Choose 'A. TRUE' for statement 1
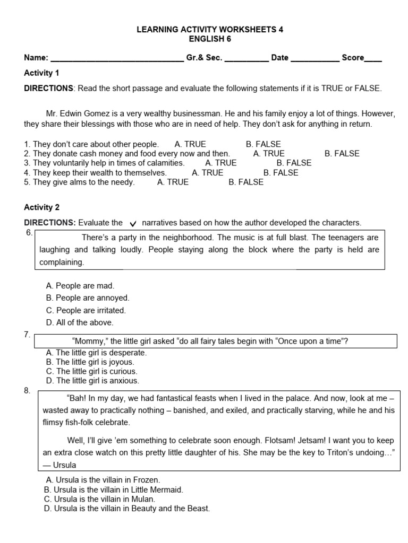190,144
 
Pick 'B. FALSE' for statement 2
342,154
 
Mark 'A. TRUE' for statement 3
220,163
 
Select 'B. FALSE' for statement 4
280,173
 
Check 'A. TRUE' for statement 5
173,182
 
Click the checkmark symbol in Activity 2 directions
133,224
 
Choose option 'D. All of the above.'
80,322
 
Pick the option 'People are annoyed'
88,298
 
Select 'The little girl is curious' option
91,371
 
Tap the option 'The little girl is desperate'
96,353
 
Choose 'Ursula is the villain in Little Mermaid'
113,489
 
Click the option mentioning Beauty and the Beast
126,509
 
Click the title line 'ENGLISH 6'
210,39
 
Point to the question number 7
27,335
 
